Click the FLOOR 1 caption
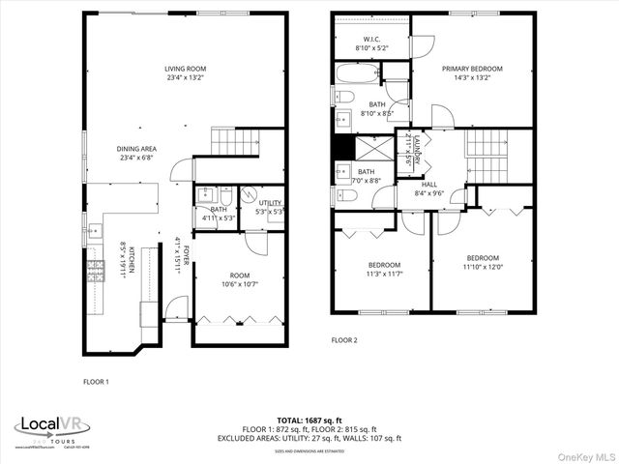click(x=96, y=382)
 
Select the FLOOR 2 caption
click(x=344, y=340)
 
